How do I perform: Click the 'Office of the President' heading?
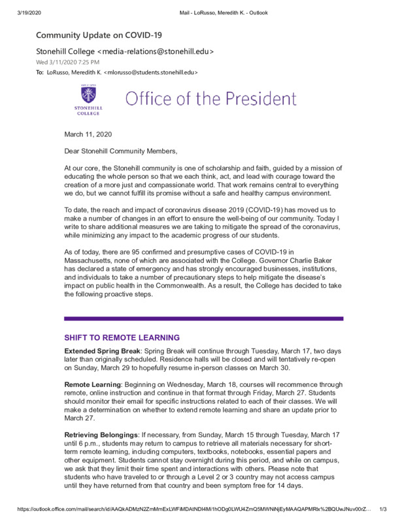coord(210,99)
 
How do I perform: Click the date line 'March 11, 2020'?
coord(88,134)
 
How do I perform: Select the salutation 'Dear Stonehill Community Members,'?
coord(120,151)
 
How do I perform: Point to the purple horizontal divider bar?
coord(203,318)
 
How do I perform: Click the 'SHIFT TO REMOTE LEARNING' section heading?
coord(121,338)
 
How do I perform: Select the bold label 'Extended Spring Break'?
coord(102,351)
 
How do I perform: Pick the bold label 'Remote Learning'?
coord(91,385)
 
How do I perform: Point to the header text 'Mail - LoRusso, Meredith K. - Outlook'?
coord(222,12)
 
